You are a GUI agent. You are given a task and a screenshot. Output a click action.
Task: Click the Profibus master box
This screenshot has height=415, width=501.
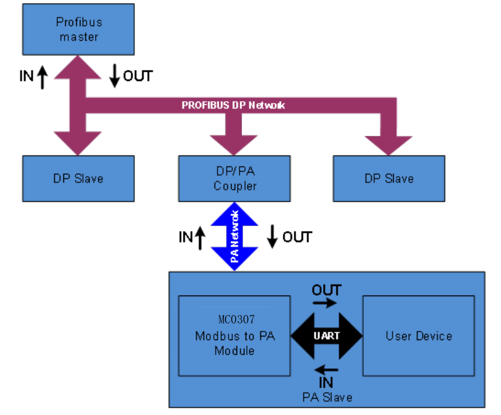pyautogui.click(x=78, y=29)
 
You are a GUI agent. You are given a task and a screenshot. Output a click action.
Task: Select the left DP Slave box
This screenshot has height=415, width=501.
pyautogui.click(x=78, y=179)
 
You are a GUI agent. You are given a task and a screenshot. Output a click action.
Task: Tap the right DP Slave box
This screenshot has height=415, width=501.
pyautogui.click(x=389, y=179)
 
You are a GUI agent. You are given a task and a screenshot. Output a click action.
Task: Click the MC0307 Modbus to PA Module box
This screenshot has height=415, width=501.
pyautogui.click(x=234, y=336)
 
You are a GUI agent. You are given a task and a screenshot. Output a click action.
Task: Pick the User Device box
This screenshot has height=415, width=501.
pyautogui.click(x=419, y=336)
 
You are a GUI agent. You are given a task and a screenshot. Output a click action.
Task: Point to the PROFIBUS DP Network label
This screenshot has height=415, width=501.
pyautogui.click(x=233, y=105)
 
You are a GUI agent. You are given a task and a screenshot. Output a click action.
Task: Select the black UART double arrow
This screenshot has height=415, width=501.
pyautogui.click(x=327, y=336)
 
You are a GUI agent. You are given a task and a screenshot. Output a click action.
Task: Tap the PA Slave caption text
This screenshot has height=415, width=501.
pyautogui.click(x=327, y=397)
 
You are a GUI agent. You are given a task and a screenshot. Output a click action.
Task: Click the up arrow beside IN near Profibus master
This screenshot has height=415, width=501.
pyautogui.click(x=42, y=77)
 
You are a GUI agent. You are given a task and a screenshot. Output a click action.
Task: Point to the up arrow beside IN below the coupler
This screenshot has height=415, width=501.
pyautogui.click(x=201, y=238)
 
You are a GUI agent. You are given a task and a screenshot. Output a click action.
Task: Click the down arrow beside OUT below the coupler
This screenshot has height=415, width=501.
pyautogui.click(x=272, y=236)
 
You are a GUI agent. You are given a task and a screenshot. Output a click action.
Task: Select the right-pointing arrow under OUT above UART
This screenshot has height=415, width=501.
pyautogui.click(x=327, y=302)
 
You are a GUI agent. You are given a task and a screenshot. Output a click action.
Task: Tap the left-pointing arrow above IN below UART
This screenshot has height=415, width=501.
pyautogui.click(x=327, y=369)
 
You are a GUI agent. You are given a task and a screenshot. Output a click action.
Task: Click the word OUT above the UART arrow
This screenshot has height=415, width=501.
pyautogui.click(x=327, y=289)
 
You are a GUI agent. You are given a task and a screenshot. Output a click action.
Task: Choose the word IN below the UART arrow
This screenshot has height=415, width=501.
pyautogui.click(x=327, y=383)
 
